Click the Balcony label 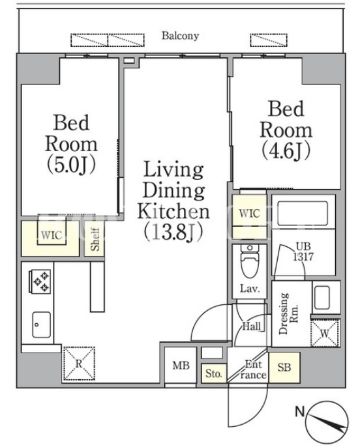click(x=180, y=36)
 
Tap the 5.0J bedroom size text click(x=71, y=165)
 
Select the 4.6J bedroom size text click(x=286, y=151)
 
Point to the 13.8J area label click(x=173, y=231)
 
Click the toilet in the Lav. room click(x=249, y=260)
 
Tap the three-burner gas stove click(x=40, y=281)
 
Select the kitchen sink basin click(x=41, y=324)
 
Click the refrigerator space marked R click(x=79, y=363)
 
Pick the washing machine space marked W click(x=325, y=333)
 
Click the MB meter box click(x=181, y=365)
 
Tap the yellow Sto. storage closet click(x=214, y=373)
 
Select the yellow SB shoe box click(x=284, y=368)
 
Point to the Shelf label click(x=95, y=240)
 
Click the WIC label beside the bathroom click(x=249, y=213)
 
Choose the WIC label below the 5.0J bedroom click(x=52, y=235)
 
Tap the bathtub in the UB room click(x=303, y=214)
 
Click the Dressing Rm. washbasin click(x=322, y=298)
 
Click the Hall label click(x=251, y=326)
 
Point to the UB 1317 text click(x=303, y=252)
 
